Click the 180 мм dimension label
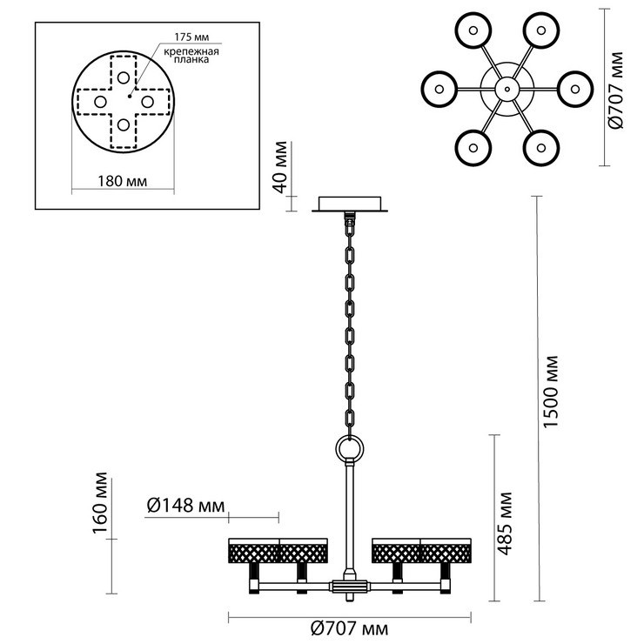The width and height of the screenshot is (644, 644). tap(122, 181)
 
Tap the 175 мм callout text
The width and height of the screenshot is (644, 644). tap(191, 37)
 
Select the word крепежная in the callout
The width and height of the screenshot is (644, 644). tap(191, 51)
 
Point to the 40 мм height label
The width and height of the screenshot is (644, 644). tap(280, 167)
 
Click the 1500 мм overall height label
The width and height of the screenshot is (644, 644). tap(551, 392)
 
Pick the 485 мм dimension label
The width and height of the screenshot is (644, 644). tap(505, 523)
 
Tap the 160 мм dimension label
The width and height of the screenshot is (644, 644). tap(100, 503)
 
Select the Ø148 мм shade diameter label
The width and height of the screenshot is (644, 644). tap(185, 505)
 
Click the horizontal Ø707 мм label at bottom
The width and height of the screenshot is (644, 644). tap(350, 628)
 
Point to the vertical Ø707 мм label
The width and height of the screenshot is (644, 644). tap(615, 91)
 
